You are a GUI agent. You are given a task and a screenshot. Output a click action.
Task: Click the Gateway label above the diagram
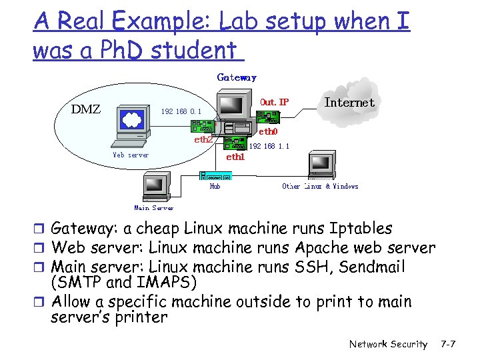pos(237,77)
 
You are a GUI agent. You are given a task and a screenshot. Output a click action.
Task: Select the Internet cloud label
pos(349,103)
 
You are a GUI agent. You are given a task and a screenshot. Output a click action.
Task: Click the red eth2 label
pos(203,140)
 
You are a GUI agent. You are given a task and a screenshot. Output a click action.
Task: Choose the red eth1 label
pos(236,157)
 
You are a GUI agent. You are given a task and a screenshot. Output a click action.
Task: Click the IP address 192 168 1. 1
pos(269,145)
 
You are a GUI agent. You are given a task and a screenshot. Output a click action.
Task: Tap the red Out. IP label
pos(275,102)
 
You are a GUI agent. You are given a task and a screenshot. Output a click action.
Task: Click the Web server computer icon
pos(131,126)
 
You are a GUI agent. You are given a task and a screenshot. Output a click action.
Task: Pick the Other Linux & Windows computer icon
pos(321,166)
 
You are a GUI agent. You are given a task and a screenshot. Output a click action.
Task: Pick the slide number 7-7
pos(448,344)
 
